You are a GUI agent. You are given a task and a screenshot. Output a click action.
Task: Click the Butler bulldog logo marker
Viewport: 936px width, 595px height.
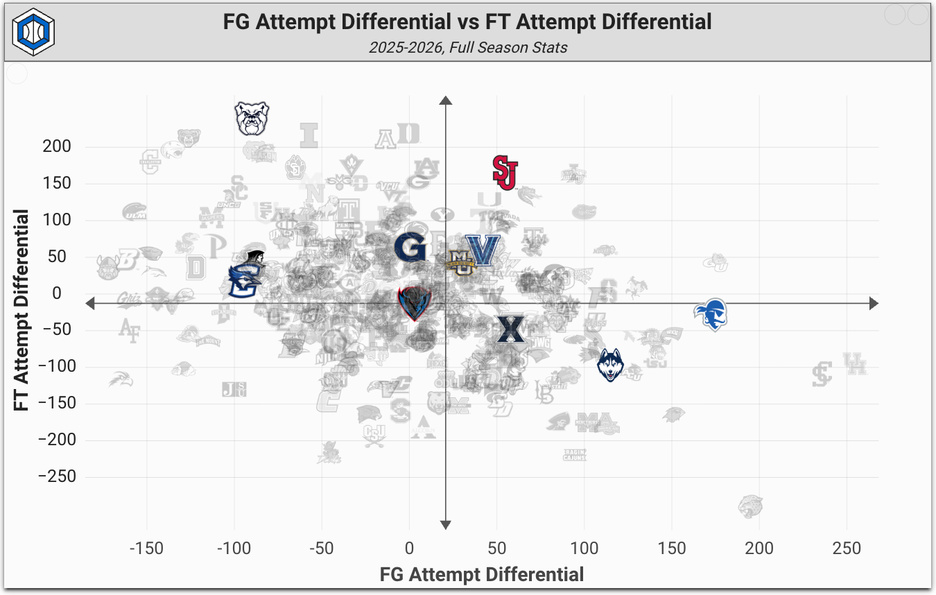(251, 119)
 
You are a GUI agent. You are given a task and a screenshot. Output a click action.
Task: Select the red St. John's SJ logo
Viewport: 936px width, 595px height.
(505, 172)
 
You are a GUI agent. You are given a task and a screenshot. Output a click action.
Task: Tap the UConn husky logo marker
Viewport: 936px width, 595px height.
(610, 365)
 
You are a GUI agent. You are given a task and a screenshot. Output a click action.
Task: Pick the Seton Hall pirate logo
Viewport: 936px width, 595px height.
(711, 314)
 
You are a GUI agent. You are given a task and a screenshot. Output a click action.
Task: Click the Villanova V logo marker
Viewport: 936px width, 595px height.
(483, 250)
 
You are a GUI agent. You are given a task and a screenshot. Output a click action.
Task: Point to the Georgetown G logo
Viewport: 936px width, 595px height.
(410, 247)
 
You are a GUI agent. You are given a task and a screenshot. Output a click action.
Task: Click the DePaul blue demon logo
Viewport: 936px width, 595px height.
(415, 302)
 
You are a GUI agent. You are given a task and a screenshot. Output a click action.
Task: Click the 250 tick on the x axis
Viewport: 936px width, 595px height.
(846, 549)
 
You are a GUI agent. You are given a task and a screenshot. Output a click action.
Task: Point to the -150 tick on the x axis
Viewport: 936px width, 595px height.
(146, 549)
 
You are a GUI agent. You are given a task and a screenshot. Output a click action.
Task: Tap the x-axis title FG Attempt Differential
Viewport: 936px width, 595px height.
(482, 574)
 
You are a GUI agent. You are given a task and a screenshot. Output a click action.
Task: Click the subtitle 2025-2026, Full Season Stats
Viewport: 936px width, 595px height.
(468, 48)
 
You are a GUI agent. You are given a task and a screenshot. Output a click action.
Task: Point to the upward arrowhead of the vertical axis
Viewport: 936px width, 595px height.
(446, 101)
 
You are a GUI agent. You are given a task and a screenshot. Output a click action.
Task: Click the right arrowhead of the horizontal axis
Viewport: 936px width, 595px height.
(874, 304)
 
